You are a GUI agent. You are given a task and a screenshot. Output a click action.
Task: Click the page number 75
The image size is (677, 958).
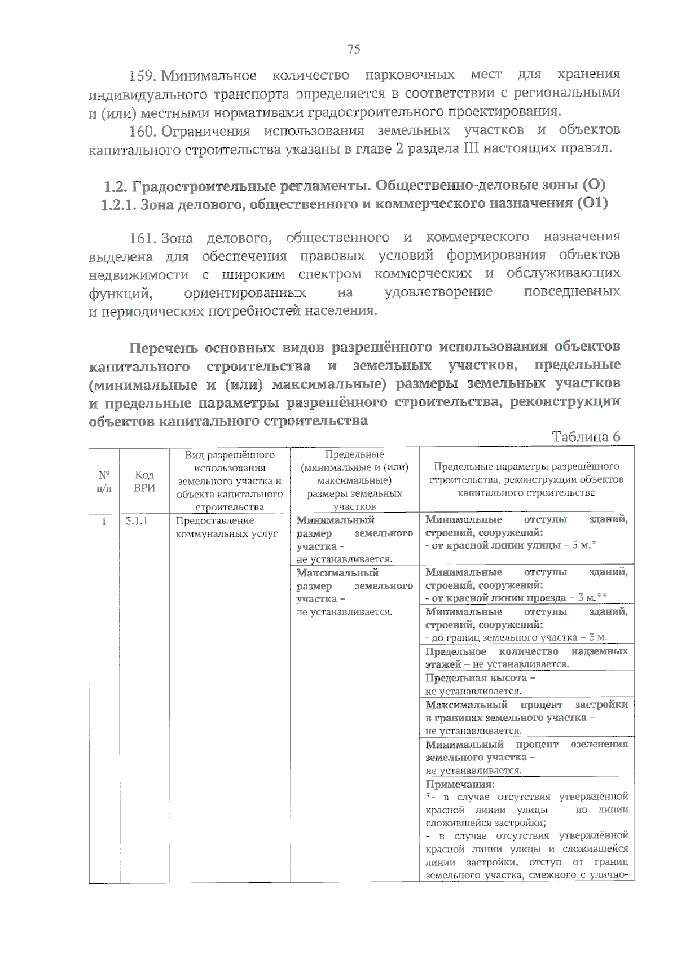[354, 49]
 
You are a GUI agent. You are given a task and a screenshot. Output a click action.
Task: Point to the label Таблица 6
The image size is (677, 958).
[586, 437]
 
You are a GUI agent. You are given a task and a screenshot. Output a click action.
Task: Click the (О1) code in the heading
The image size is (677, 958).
[592, 203]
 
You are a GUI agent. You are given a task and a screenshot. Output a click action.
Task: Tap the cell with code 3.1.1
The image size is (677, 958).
[137, 520]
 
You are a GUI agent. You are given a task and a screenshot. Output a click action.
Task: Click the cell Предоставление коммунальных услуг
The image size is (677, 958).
[226, 527]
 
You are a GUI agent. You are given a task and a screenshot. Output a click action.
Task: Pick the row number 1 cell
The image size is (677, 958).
[104, 520]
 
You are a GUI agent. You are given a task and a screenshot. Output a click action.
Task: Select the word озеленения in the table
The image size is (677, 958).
[599, 745]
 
